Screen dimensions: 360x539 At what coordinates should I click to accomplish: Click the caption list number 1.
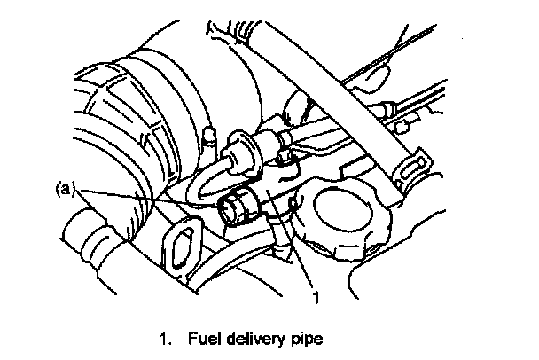[x=162, y=338]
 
